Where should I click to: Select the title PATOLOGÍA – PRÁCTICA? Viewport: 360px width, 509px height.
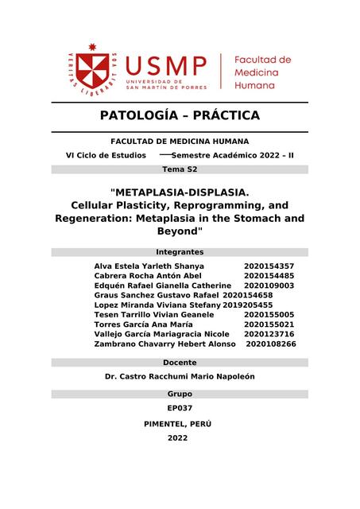click(x=180, y=115)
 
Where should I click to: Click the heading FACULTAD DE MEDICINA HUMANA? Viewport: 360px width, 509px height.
click(x=180, y=141)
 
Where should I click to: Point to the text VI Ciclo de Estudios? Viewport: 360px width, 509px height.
click(x=106, y=155)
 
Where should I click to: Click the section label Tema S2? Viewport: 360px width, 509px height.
click(x=180, y=169)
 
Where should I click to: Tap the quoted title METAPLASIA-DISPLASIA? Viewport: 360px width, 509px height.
click(x=180, y=192)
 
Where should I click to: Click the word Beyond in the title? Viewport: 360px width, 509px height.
click(x=180, y=231)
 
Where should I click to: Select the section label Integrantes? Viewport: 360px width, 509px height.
click(x=180, y=251)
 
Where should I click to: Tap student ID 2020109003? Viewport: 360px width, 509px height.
click(x=269, y=285)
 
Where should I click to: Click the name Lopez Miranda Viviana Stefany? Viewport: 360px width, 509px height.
click(x=157, y=305)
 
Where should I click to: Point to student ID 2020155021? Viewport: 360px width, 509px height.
click(x=269, y=324)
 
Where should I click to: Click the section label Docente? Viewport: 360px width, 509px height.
click(x=180, y=362)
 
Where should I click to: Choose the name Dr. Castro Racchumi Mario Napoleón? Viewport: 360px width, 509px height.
click(x=180, y=376)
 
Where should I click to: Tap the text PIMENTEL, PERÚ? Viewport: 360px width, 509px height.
click(x=180, y=423)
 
